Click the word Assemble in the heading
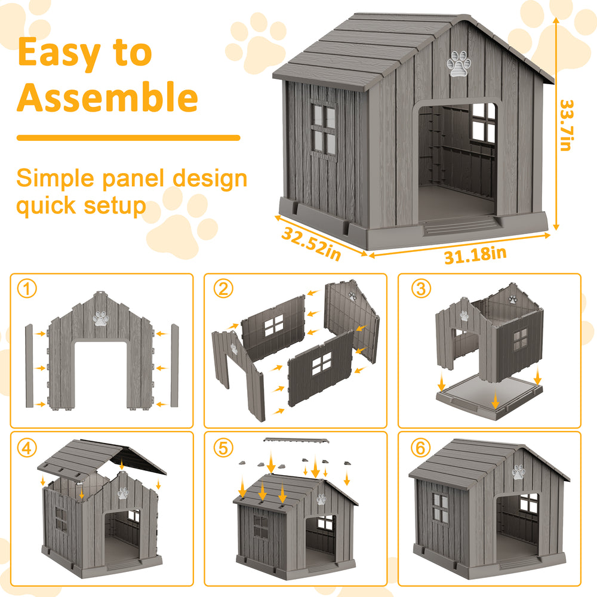[107, 97]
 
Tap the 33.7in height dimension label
[567, 125]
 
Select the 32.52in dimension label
[311, 244]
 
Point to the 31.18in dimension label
[475, 255]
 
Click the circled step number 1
[27, 289]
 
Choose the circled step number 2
[223, 288]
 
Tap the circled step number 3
[421, 288]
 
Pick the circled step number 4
[27, 448]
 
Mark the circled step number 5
[223, 448]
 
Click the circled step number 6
[421, 448]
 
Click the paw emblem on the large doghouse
[458, 64]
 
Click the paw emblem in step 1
[101, 319]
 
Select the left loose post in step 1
[29, 366]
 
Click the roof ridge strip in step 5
[296, 440]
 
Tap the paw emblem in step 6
[519, 472]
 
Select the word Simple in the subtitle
[55, 179]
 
